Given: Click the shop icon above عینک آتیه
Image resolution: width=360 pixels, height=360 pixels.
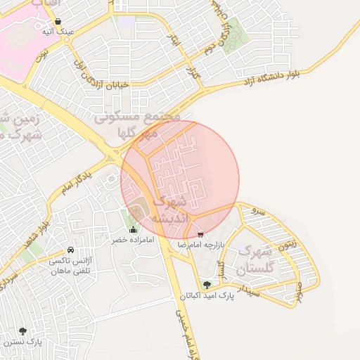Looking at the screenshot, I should [x=66, y=21].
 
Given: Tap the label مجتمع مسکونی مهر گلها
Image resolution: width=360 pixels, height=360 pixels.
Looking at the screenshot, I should [x=139, y=124].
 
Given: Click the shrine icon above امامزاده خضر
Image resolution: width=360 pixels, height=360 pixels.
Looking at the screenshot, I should [x=134, y=229].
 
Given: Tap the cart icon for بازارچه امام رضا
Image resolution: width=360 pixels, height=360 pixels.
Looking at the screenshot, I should [x=201, y=235].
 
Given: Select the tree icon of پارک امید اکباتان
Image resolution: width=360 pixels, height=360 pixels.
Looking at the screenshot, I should [x=207, y=285].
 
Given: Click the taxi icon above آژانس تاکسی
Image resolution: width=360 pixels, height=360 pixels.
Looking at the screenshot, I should [x=70, y=250].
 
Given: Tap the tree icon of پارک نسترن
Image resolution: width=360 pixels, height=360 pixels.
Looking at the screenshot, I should [x=23, y=331].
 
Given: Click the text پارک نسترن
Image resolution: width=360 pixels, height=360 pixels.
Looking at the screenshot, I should [x=23, y=342].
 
